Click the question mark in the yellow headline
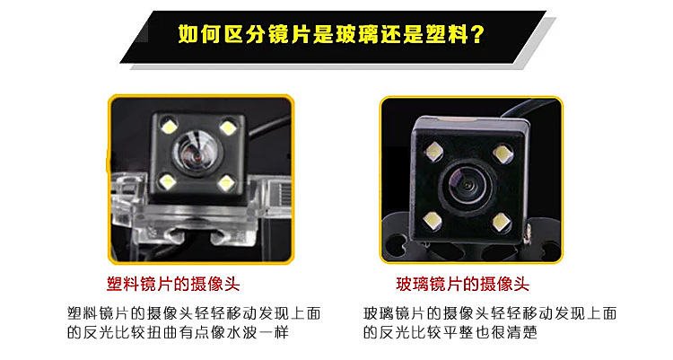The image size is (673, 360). tap(476, 34)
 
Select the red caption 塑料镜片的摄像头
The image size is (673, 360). tap(173, 285)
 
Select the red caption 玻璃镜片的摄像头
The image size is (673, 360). tap(462, 285)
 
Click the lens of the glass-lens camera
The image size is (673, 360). tap(466, 185)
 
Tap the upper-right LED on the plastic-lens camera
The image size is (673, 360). tap(228, 127)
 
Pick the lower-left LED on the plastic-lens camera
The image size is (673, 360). tap(168, 182)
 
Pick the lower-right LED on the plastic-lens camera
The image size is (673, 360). tap(226, 184)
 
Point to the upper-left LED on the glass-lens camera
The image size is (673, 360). tap(433, 152)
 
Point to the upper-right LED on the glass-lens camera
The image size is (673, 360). tap(503, 154)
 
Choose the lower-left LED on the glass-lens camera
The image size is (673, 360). tap(432, 221)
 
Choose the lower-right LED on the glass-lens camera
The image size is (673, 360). tap(501, 222)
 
